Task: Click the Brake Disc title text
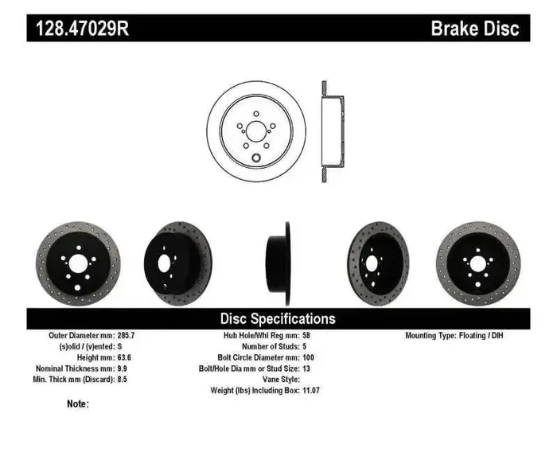474,29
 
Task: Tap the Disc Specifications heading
278,318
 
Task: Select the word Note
76,404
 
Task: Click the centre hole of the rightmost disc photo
477,263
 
